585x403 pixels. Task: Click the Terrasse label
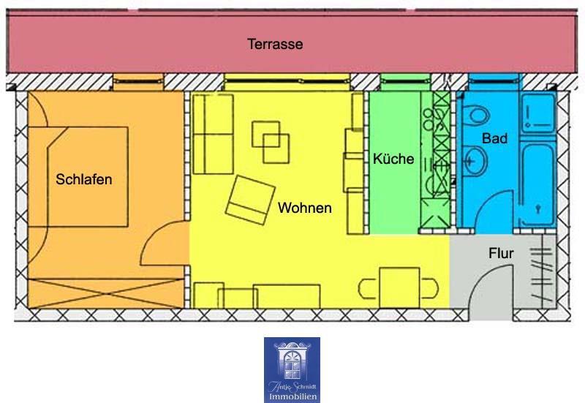(275, 45)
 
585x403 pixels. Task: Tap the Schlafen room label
(84, 178)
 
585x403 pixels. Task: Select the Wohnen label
(304, 208)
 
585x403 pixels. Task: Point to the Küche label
(393, 159)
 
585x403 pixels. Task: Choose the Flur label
(501, 254)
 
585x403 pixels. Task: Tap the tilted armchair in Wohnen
(247, 199)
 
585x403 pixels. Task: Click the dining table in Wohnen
(399, 287)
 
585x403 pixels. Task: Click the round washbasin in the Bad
(474, 157)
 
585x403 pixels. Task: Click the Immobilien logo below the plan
(292, 369)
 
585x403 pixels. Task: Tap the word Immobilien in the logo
(292, 396)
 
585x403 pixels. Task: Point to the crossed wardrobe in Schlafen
(106, 293)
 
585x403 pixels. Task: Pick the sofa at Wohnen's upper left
(208, 132)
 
